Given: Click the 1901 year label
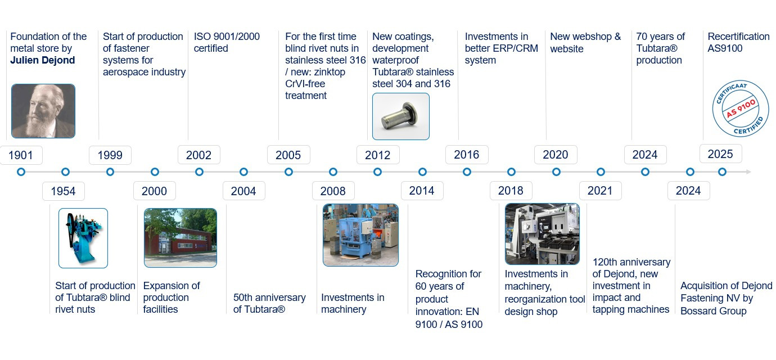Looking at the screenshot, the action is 21,155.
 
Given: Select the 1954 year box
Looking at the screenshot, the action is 64,191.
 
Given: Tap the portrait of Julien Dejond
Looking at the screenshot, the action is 43,111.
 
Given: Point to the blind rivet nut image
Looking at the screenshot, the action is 401,116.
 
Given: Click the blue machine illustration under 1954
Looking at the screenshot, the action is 83,238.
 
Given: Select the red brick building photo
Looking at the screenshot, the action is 181,238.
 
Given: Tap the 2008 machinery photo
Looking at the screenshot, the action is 360,235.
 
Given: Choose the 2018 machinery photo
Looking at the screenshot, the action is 542,234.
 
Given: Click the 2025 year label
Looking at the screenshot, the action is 720,154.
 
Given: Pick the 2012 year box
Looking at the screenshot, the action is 378,155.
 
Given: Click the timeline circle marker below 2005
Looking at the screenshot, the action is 288,172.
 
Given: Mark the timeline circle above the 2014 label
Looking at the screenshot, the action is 422,172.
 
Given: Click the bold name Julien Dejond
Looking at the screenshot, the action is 43,60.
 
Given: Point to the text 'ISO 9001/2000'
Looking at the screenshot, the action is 227,37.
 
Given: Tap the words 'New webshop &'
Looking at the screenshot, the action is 585,37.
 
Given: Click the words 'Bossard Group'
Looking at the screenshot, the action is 713,311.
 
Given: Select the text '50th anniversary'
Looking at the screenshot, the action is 269,298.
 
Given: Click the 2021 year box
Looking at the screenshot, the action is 601,191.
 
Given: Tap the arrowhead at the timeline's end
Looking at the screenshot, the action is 748,172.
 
